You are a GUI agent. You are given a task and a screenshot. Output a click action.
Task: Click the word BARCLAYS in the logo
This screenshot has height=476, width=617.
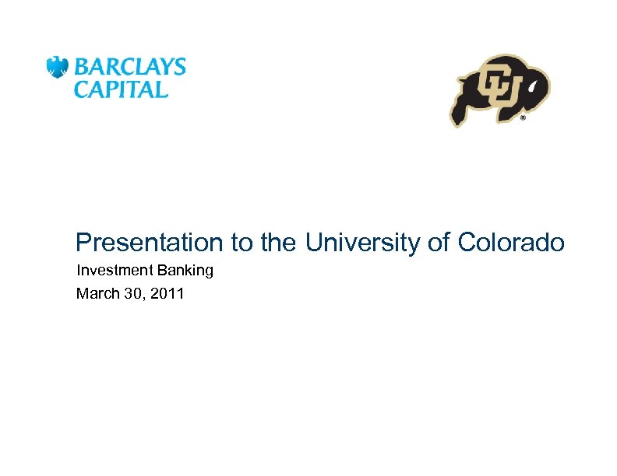click(129, 66)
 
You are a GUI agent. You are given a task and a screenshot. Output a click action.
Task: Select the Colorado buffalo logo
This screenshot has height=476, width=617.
click(499, 89)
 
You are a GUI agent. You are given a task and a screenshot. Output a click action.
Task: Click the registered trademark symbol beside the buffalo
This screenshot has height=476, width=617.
click(522, 119)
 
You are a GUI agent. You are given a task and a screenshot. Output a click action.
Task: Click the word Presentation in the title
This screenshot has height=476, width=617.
click(149, 243)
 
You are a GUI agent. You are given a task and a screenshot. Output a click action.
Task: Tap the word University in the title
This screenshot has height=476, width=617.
click(362, 243)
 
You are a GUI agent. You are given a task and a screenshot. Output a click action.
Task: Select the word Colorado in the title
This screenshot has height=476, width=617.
click(510, 243)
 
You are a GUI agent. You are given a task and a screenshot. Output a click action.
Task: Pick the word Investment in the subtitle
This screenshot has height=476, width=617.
click(110, 271)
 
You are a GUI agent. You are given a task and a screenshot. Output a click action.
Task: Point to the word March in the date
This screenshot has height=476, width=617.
click(94, 294)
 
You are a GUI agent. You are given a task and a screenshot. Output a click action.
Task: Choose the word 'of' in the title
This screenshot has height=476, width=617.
click(439, 243)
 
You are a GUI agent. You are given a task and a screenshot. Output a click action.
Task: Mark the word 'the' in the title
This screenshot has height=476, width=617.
click(278, 243)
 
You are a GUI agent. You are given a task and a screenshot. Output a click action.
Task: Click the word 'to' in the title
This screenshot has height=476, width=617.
click(241, 243)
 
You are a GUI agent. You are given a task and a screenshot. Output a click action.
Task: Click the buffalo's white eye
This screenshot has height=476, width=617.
click(530, 90)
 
